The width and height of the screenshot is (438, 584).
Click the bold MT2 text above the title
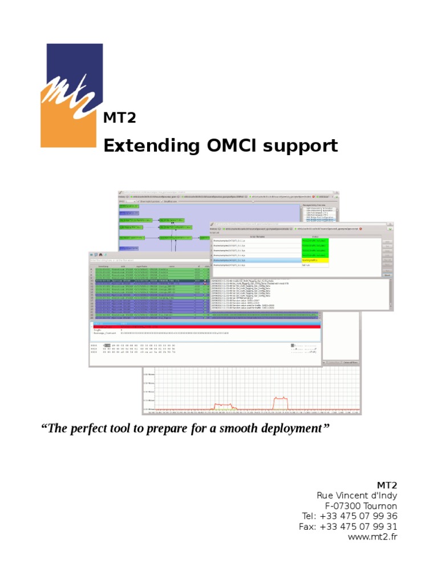(x=119, y=118)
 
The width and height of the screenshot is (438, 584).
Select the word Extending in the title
(x=147, y=146)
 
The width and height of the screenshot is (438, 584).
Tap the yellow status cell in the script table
(x=315, y=261)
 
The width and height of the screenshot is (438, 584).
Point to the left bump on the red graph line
(x=220, y=405)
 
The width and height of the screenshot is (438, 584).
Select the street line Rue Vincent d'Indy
(x=356, y=495)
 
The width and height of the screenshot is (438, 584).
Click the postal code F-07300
(x=344, y=506)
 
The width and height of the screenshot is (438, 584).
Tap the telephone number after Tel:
(x=360, y=516)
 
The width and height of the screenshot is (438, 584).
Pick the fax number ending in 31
(x=360, y=526)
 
